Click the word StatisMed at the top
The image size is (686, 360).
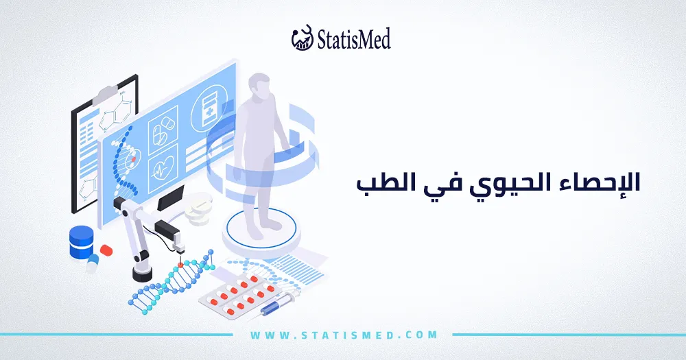point(354,39)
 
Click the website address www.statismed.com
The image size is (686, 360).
point(344,335)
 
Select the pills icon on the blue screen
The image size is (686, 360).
point(163,130)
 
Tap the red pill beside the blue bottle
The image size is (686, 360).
point(106,250)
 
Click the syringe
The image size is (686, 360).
point(278,305)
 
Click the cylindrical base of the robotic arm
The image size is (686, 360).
point(143,273)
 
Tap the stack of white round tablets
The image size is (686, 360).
point(199,212)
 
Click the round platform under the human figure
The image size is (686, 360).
point(261,230)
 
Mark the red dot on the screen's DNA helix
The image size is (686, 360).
point(134,153)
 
